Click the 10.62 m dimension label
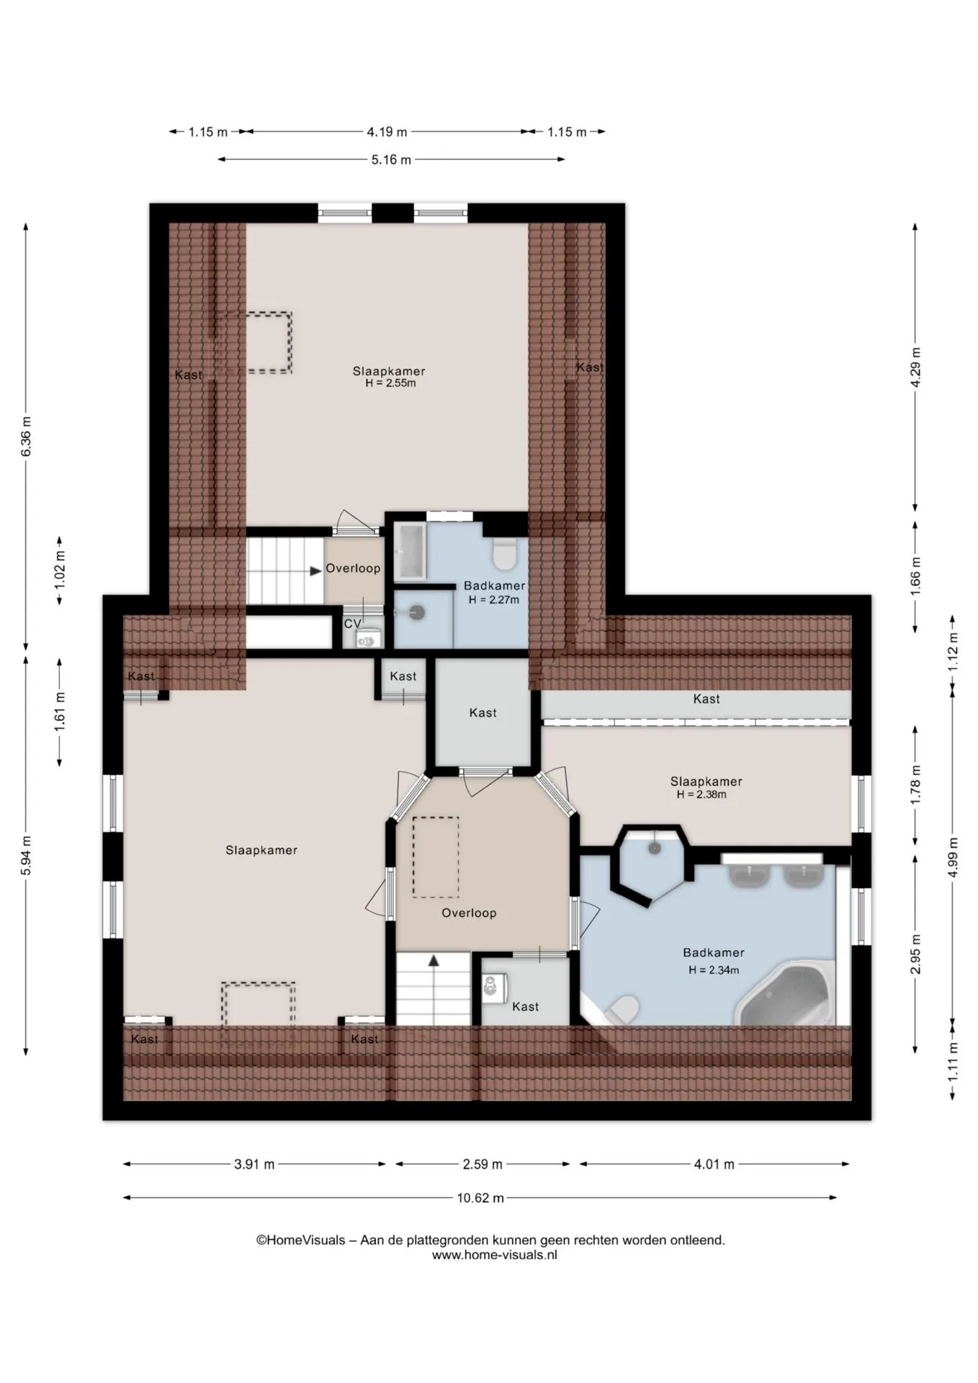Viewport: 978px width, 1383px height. (x=480, y=1198)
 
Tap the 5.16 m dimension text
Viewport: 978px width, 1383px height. (x=391, y=160)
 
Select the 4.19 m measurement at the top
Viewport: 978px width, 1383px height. (x=387, y=132)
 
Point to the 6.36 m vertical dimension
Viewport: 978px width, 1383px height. (x=26, y=436)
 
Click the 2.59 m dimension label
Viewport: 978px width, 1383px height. (x=482, y=1164)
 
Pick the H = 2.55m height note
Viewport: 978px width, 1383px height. (x=390, y=383)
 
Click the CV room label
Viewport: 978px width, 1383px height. (x=352, y=624)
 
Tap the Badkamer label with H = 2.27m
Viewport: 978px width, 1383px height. (x=494, y=593)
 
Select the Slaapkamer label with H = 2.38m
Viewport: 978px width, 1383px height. (x=706, y=787)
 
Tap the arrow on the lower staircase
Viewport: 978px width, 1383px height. (x=434, y=960)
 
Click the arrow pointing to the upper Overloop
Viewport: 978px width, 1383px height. (x=315, y=570)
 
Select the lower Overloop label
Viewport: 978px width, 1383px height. (x=469, y=913)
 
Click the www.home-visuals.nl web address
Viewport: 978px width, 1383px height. (x=494, y=1255)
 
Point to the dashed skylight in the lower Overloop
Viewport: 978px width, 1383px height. (x=436, y=856)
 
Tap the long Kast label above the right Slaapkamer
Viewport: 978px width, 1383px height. (x=706, y=699)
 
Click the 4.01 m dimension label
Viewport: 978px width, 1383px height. (x=714, y=1164)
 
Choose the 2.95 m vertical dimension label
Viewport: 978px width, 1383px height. (x=915, y=954)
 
